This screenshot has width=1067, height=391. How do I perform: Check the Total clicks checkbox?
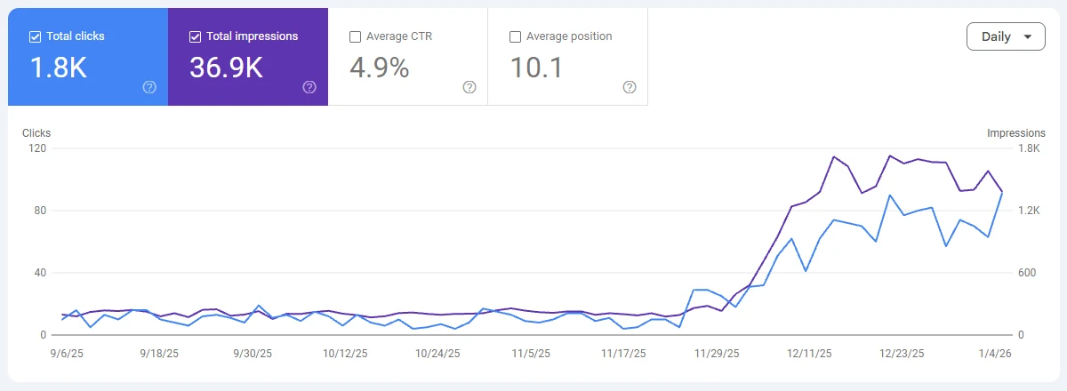click(x=36, y=36)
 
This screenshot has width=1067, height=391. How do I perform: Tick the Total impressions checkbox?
click(x=196, y=36)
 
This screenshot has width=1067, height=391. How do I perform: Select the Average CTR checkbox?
click(x=356, y=36)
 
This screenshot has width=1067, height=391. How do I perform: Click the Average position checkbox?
click(x=515, y=36)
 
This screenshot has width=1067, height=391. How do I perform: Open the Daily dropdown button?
click(x=1006, y=36)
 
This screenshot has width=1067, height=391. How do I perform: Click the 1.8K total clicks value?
click(x=59, y=68)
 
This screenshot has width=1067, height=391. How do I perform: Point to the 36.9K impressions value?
click(x=226, y=68)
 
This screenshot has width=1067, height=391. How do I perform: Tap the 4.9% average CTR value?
click(x=379, y=68)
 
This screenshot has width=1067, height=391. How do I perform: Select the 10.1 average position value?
click(x=536, y=68)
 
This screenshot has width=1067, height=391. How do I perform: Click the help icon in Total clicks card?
click(x=149, y=87)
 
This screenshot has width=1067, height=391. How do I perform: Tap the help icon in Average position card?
click(x=630, y=87)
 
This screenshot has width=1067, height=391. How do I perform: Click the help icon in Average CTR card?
click(x=469, y=87)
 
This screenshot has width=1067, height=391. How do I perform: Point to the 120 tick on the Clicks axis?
click(x=36, y=148)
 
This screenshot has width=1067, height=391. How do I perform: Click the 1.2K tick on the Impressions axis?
click(x=1030, y=211)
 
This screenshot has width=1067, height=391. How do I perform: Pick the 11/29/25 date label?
click(x=717, y=353)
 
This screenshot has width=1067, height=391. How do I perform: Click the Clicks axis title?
click(x=36, y=133)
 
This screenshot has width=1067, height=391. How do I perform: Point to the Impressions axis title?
click(x=1015, y=133)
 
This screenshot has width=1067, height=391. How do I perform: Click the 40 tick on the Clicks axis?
click(x=39, y=273)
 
